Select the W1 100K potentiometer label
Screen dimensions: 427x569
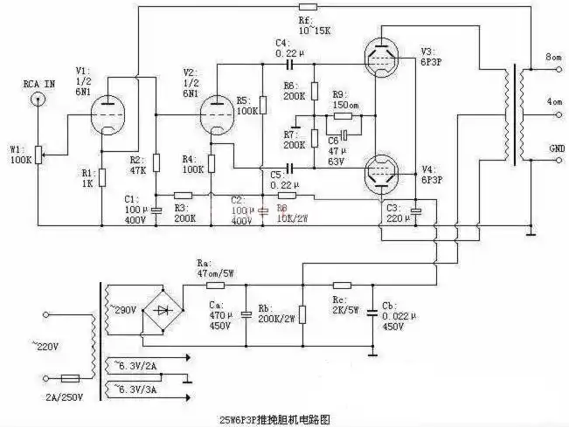tap(20, 154)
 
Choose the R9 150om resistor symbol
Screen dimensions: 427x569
tap(342, 115)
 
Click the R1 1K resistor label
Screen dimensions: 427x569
tap(87, 178)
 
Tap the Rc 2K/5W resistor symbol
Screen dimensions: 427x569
tap(342, 285)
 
